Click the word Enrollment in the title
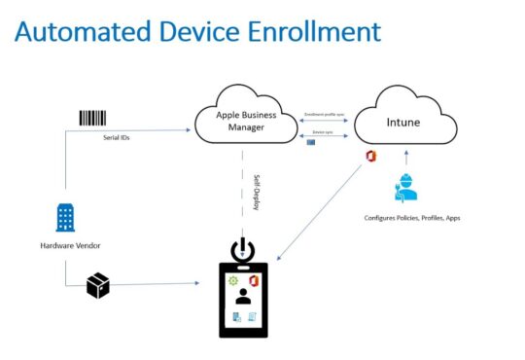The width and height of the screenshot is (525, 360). tap(310, 32)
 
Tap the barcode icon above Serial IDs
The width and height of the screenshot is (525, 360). tap(92, 118)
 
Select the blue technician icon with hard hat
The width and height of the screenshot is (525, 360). tap(406, 188)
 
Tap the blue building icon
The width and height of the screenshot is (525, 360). tap(65, 217)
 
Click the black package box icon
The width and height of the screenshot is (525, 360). tap(97, 284)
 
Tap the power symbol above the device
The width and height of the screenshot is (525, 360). tap(242, 250)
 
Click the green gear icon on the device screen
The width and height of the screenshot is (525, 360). tap(232, 280)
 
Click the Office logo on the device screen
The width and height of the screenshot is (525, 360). tap(253, 280)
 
